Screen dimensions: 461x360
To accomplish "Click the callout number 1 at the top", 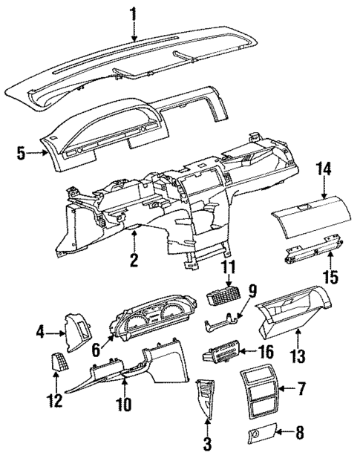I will [x=134, y=13].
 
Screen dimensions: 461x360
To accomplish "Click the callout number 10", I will [x=124, y=405].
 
